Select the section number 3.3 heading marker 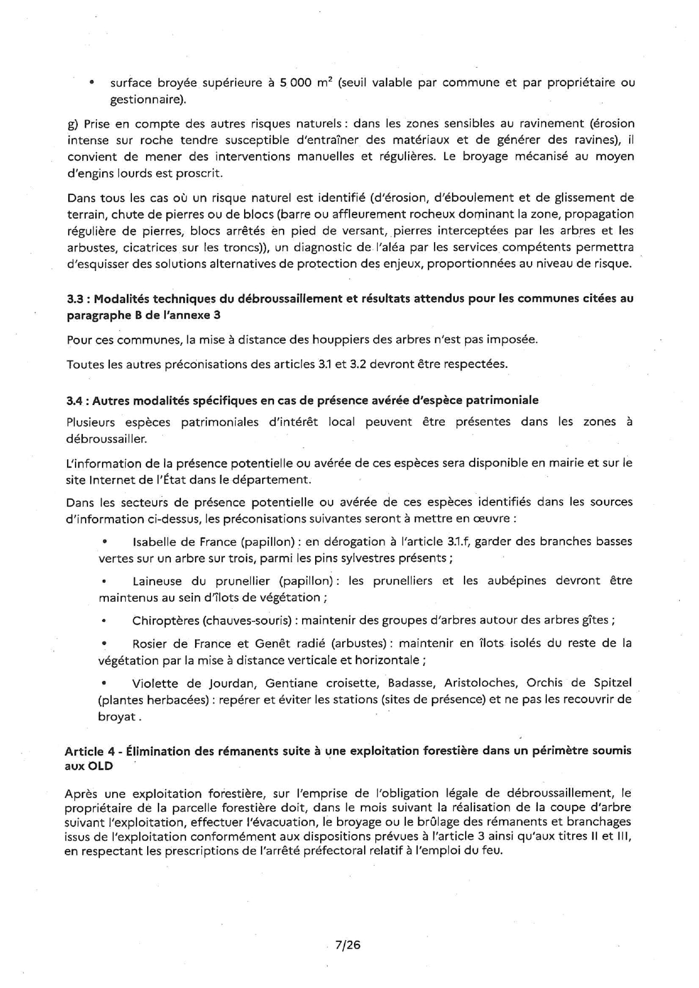click(x=75, y=299)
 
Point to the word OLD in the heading click(x=101, y=766)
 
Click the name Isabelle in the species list click(x=153, y=542)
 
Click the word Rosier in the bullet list click(x=149, y=643)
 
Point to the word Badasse click(x=411, y=683)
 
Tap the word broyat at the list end click(x=117, y=717)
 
